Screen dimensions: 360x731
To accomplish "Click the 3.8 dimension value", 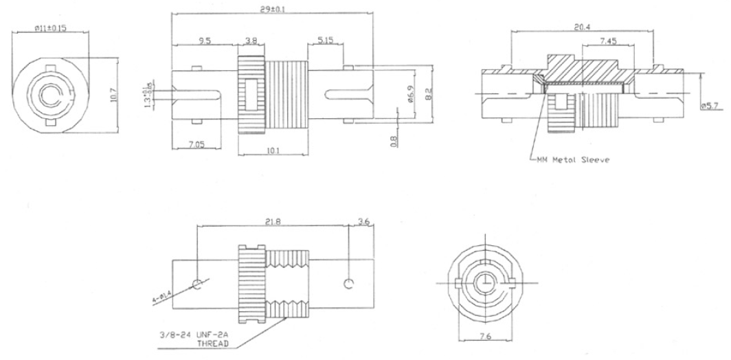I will point(251,41).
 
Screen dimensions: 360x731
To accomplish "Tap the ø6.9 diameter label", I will point(409,93).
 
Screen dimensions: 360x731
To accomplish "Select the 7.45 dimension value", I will point(607,41).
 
